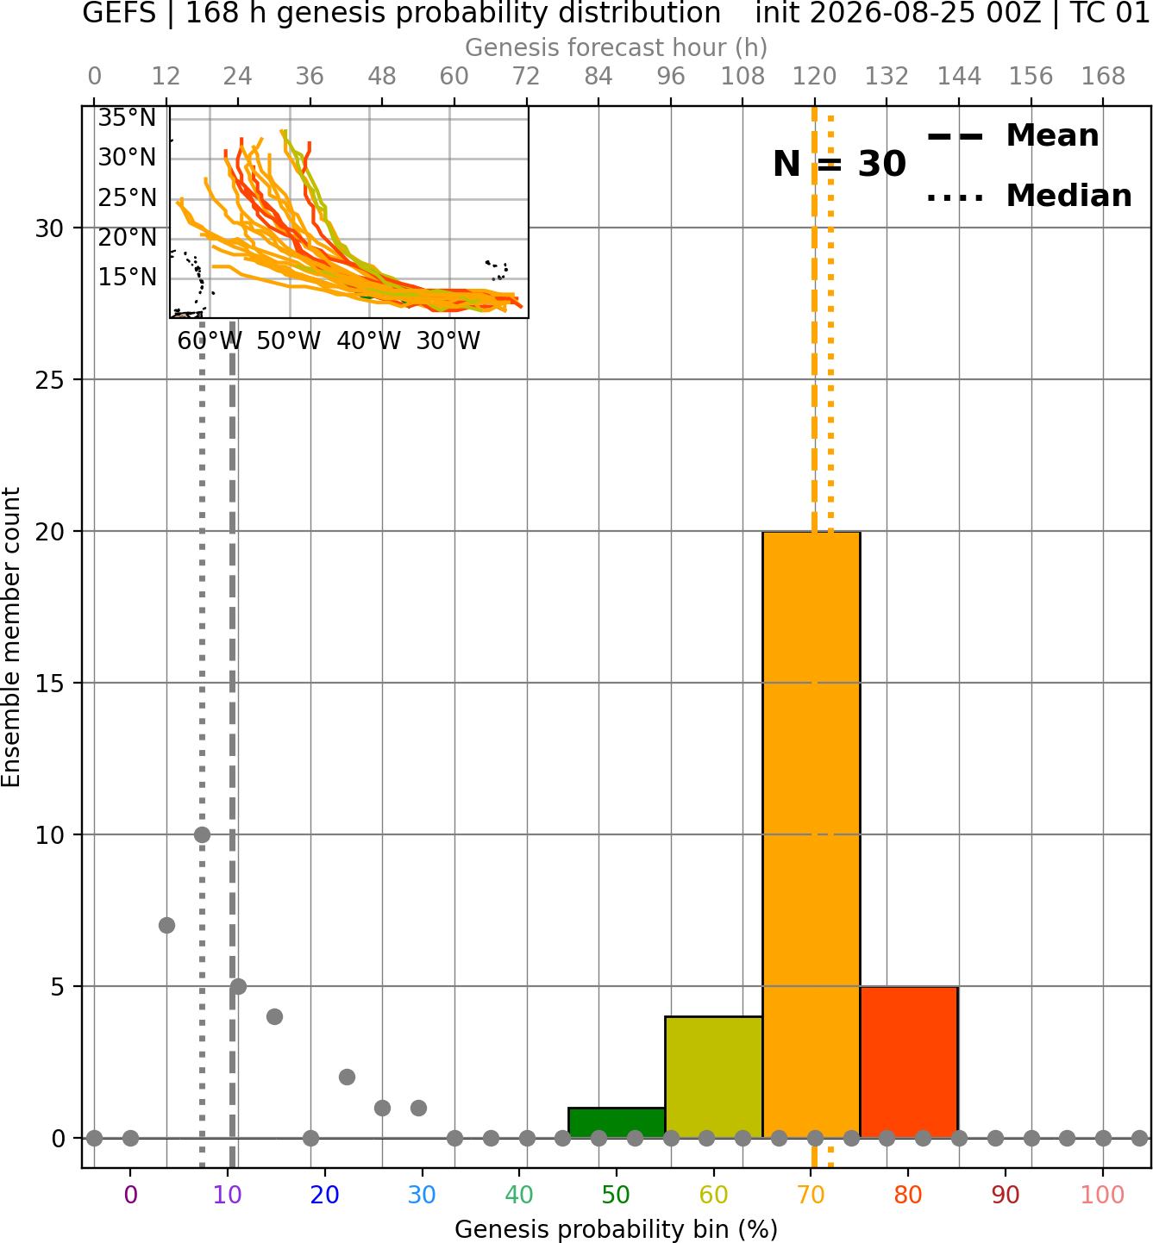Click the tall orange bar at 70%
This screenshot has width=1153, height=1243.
click(811, 834)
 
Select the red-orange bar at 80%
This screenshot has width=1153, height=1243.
click(909, 1062)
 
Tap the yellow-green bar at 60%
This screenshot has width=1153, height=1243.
click(713, 1077)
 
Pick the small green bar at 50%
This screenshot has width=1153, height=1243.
click(617, 1123)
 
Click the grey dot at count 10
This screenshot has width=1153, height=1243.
click(202, 834)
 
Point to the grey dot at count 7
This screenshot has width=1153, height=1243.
click(166, 925)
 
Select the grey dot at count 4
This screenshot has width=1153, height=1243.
click(274, 1016)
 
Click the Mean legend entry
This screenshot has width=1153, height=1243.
click(1012, 136)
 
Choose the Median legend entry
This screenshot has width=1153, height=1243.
click(1029, 197)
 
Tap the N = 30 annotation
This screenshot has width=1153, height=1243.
click(839, 164)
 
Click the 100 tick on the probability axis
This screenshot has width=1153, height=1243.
click(1102, 1195)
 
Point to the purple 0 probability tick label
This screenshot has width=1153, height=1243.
click(130, 1195)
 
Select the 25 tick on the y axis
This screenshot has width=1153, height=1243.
click(50, 380)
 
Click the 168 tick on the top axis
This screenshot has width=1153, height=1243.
click(1104, 77)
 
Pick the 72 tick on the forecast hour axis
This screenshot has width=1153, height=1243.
click(526, 77)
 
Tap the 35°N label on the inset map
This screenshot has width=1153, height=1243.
click(127, 118)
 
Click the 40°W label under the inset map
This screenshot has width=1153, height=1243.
click(368, 341)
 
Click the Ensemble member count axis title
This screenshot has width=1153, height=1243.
click(11, 637)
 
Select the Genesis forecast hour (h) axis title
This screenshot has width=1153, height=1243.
click(617, 47)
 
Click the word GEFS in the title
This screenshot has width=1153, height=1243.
click(119, 13)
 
